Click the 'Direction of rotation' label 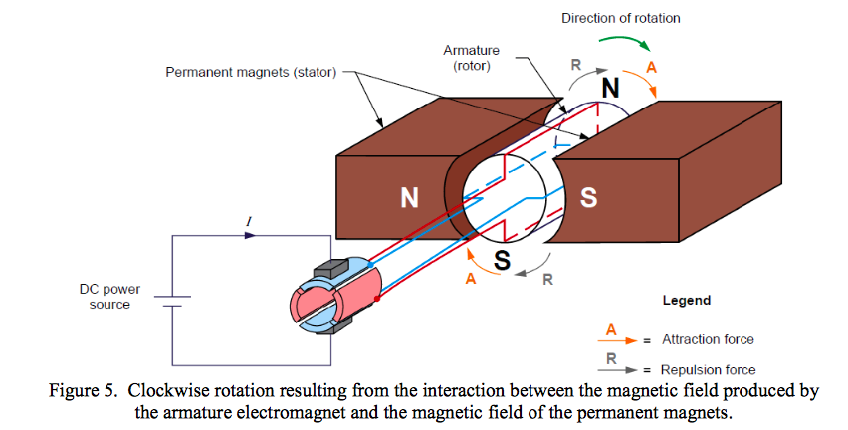(620, 18)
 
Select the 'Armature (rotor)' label (472, 57)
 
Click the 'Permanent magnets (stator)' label (251, 72)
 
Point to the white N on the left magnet (408, 197)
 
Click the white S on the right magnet (588, 197)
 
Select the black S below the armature (503, 262)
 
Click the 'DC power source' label (109, 296)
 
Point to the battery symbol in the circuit (170, 301)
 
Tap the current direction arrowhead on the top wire (250, 236)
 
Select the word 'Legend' (686, 300)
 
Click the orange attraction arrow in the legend (613, 339)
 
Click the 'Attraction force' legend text (708, 340)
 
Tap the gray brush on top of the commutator (327, 269)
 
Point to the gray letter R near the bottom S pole (546, 280)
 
